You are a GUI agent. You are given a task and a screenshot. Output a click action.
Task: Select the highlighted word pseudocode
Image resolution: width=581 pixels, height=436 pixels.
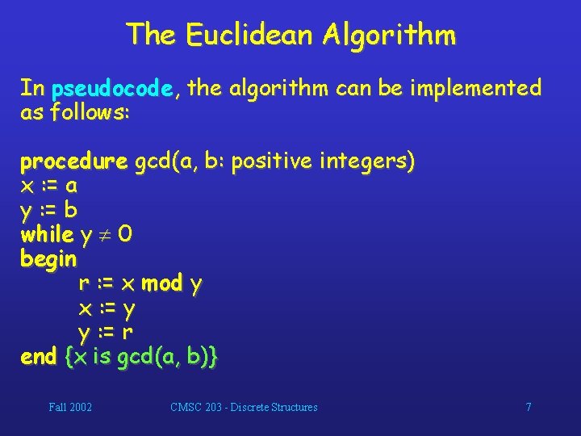tap(112, 88)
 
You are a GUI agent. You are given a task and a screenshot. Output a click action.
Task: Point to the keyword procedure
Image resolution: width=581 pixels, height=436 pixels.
tap(73, 163)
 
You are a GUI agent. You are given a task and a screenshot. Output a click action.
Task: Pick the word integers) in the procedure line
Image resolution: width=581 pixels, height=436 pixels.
tap(367, 163)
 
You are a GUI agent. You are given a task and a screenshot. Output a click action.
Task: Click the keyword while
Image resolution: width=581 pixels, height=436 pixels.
tap(47, 235)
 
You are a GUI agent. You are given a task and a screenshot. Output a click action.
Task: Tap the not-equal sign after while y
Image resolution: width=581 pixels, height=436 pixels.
tap(105, 236)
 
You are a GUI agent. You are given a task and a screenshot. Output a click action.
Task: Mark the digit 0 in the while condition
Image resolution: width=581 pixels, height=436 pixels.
tap(126, 235)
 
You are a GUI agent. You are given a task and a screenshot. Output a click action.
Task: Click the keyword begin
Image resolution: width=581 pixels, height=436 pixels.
tap(48, 260)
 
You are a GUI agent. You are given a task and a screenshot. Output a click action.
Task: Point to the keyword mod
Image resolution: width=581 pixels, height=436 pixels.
tap(161, 283)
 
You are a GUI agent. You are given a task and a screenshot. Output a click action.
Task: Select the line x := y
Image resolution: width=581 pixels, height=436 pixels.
tap(106, 308)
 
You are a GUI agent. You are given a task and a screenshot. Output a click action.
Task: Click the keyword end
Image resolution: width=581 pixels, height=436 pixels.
tap(39, 357)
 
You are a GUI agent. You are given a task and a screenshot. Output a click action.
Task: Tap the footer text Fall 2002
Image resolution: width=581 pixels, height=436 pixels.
tap(70, 407)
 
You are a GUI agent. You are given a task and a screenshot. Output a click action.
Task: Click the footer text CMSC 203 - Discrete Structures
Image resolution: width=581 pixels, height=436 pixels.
tap(244, 407)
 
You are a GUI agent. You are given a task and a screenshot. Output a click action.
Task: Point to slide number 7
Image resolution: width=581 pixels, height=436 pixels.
tap(529, 407)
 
